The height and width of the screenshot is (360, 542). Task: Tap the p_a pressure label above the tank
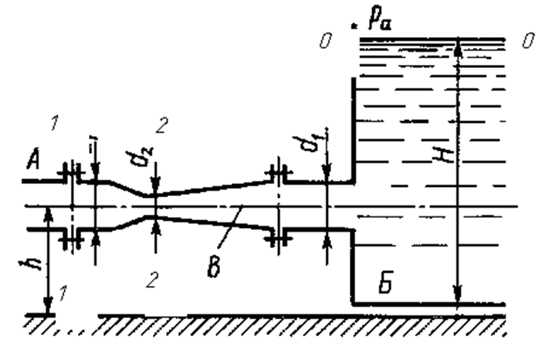click(x=377, y=17)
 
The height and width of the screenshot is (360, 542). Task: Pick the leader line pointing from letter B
click(x=225, y=231)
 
